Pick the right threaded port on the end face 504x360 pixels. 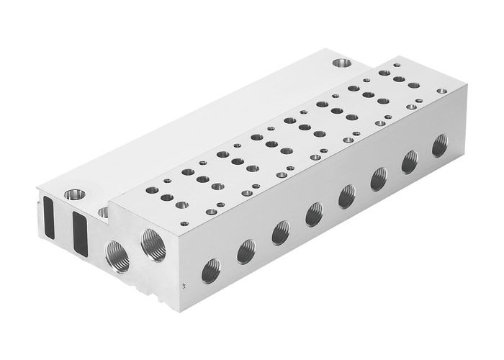(x=154, y=243)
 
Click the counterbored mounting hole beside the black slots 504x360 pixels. (x=73, y=195)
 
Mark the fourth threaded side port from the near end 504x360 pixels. (x=313, y=212)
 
